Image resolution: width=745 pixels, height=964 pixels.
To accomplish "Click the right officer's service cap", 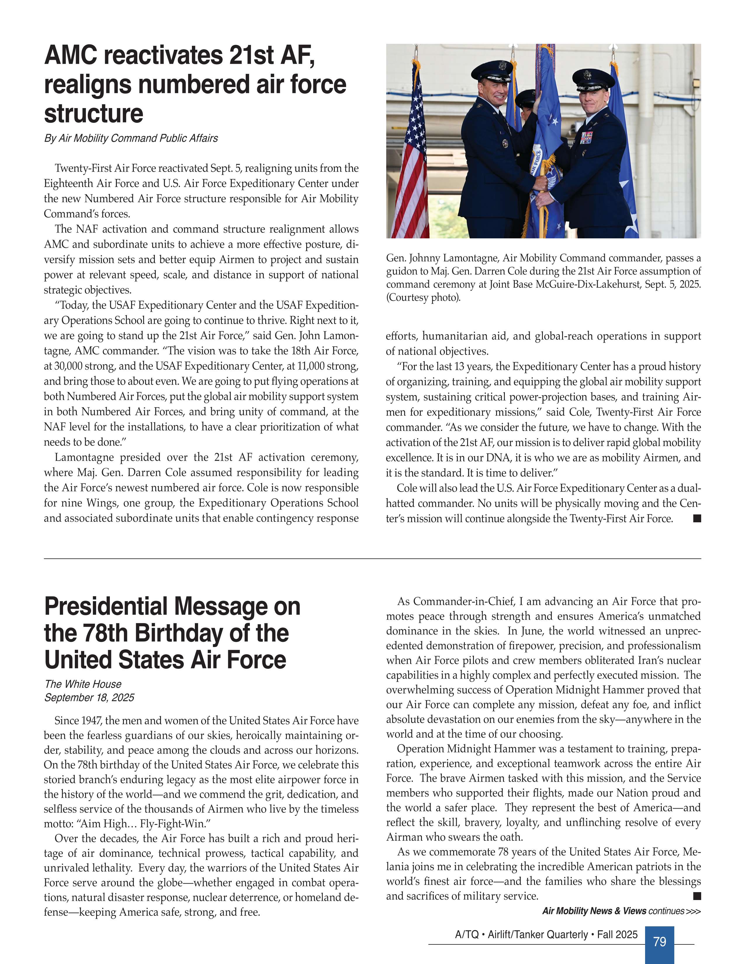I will pyautogui.click(x=593, y=78).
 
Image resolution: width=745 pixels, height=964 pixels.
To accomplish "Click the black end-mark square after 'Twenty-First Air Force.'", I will pyautogui.click(x=697, y=518).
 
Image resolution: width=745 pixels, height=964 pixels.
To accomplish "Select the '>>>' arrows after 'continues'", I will pyautogui.click(x=693, y=911).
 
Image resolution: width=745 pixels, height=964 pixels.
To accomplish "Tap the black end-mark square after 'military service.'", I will pyautogui.click(x=697, y=896).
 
